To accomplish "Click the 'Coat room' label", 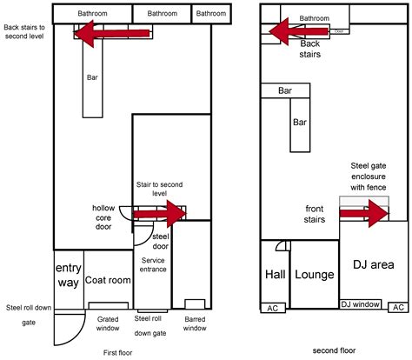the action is (x=108, y=280).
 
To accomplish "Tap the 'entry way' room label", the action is (x=69, y=275).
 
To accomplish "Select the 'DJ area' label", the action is (x=374, y=264).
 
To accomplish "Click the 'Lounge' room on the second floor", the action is (x=315, y=275).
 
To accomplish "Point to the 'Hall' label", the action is (x=276, y=274).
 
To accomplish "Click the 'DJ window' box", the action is (x=361, y=304).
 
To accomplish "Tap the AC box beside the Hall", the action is (x=273, y=308).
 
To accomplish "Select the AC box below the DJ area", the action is (x=398, y=307).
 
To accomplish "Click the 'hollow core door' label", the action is (x=103, y=217).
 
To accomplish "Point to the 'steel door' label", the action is (x=161, y=241).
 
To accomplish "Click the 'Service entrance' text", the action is (x=153, y=264).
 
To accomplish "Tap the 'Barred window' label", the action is (x=195, y=323).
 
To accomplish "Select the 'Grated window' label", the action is (x=108, y=323).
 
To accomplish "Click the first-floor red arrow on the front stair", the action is (x=160, y=214).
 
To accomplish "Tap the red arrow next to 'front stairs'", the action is (x=364, y=214).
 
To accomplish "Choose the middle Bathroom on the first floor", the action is (x=162, y=13).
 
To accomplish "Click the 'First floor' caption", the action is (x=117, y=353).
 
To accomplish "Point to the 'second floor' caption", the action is (x=334, y=350).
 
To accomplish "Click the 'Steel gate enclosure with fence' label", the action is (x=369, y=177).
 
